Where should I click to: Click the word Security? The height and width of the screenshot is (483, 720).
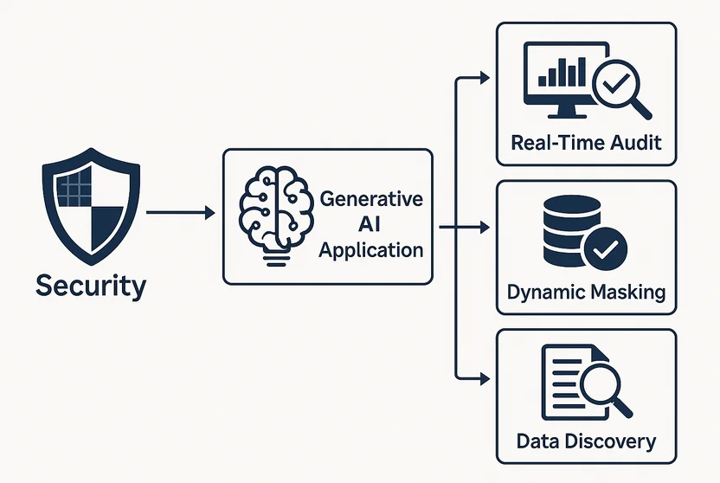point(91,286)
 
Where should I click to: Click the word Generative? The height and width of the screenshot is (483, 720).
point(371,198)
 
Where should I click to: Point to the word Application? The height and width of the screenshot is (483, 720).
point(371,251)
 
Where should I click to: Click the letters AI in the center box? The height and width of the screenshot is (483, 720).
point(370,225)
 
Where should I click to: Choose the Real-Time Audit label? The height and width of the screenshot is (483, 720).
point(586,142)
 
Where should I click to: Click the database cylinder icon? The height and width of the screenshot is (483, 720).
point(567,231)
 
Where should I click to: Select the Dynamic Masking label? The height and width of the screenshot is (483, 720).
point(586,292)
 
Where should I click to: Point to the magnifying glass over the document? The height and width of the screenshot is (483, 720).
point(601,385)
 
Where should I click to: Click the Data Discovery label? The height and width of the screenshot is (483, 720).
point(586,441)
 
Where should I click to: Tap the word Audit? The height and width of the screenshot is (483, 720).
point(634,142)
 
